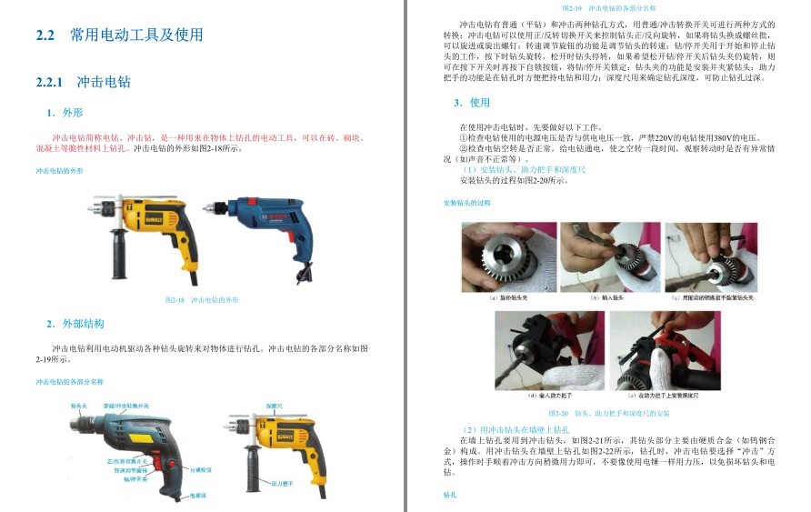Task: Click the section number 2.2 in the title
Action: coord(45,35)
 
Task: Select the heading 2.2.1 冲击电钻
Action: coord(83,82)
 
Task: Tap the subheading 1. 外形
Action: coord(65,114)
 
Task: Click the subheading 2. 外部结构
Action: coord(75,324)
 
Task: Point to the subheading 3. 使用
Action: coord(472,103)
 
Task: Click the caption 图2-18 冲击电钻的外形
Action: coord(201,299)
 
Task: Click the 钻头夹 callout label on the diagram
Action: coord(79,407)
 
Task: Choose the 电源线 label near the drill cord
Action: coord(197,496)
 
